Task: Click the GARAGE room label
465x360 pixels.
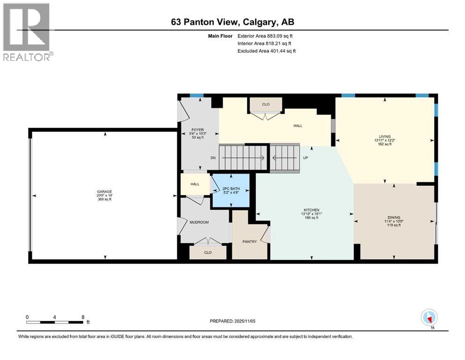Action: tap(104, 191)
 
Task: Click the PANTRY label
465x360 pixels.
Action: tap(250, 242)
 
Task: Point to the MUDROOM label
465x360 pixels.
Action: tap(199, 222)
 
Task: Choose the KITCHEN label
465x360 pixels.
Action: tap(310, 210)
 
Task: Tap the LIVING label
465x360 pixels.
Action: tap(385, 136)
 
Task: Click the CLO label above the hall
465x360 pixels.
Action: tap(266, 104)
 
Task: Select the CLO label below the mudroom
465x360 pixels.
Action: tap(208, 252)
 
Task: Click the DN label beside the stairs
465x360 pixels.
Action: tap(213, 158)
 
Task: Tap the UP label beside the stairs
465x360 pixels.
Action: tap(305, 158)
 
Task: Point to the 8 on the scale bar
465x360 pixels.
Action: tap(83, 317)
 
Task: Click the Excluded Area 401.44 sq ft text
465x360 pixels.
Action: tap(266, 51)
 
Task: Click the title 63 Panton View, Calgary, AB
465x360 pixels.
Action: tap(232, 22)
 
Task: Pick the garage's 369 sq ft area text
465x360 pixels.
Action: tap(104, 199)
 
